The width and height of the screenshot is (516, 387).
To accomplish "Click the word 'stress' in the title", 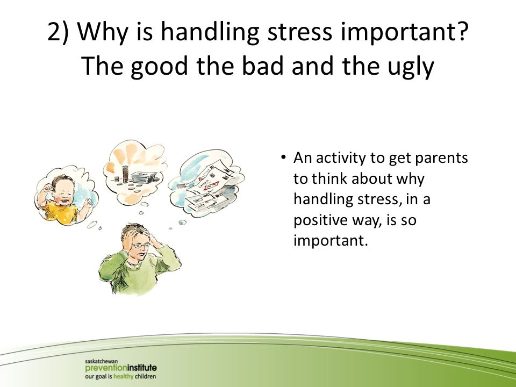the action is [299, 32].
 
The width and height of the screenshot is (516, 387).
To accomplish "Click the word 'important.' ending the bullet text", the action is [330, 241].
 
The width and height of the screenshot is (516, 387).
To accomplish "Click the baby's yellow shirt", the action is [61, 213].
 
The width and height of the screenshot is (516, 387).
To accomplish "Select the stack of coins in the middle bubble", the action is [125, 174].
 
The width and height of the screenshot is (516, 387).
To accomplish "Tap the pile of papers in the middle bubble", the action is [144, 177].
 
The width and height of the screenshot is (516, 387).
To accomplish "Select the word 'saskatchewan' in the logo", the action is [102, 361].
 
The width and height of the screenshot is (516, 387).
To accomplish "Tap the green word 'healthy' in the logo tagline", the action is [123, 376].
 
